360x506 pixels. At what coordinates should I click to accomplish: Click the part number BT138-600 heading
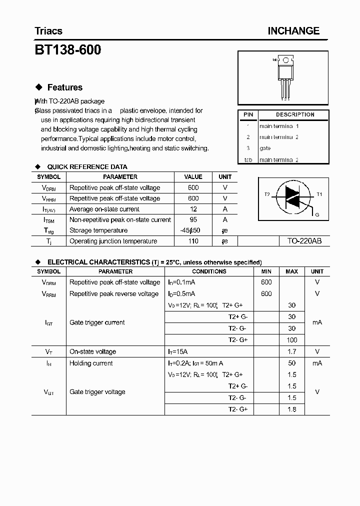(x=67, y=50)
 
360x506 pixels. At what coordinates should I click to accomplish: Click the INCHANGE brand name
(x=293, y=31)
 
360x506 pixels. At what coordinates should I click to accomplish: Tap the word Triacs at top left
(x=48, y=31)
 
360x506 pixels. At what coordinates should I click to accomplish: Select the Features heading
(x=64, y=87)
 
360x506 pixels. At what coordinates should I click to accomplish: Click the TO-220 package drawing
(x=283, y=75)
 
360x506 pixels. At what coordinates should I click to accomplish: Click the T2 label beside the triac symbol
(x=267, y=194)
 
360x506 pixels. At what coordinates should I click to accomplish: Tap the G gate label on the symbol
(x=316, y=214)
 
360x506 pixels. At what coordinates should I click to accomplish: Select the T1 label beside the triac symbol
(x=319, y=194)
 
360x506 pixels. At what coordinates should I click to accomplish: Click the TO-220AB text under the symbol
(x=304, y=241)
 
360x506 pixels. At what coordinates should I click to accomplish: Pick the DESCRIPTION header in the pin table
(x=294, y=115)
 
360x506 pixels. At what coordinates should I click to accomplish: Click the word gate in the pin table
(x=265, y=148)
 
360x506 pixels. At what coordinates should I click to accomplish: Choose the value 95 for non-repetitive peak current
(x=193, y=219)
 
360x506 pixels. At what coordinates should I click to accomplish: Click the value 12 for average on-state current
(x=193, y=209)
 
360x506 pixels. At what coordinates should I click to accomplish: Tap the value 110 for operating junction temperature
(x=193, y=241)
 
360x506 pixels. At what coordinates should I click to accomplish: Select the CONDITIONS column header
(x=209, y=271)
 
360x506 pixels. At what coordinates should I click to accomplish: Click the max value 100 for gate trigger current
(x=292, y=340)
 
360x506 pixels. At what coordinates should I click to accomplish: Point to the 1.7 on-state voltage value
(x=292, y=351)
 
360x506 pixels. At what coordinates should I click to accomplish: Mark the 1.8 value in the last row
(x=292, y=409)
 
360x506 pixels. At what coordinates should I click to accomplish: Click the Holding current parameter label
(x=91, y=363)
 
